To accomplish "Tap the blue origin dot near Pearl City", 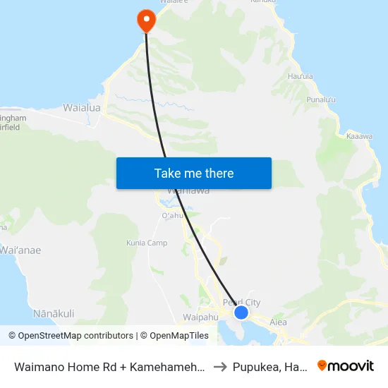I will [x=241, y=312].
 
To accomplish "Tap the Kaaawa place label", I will [x=360, y=135].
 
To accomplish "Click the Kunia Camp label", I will [x=147, y=243].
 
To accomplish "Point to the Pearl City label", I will [x=241, y=303].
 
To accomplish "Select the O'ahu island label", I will [x=173, y=215].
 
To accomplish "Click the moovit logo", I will [x=346, y=365].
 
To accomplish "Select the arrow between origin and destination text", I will [x=220, y=366].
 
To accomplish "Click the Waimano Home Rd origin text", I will [x=110, y=366].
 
